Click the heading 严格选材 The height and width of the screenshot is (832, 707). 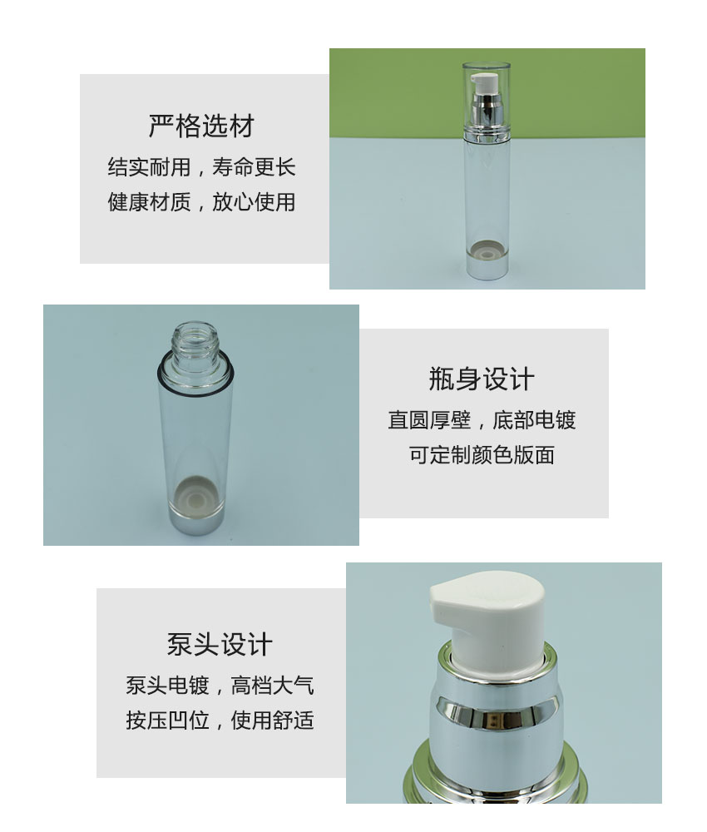(x=201, y=126)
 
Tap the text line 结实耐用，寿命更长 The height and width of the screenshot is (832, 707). (x=201, y=167)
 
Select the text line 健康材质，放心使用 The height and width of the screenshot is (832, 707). (x=201, y=202)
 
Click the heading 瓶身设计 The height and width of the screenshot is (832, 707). (x=482, y=379)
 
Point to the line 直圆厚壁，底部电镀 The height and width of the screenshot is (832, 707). (x=482, y=420)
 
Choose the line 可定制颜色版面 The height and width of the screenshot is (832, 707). (x=482, y=455)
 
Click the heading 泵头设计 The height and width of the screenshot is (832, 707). (x=220, y=644)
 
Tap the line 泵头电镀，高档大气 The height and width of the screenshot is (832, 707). (x=220, y=686)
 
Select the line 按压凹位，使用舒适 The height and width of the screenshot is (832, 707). (x=220, y=721)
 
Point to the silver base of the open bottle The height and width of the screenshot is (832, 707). (x=195, y=522)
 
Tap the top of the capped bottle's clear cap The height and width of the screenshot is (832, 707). (x=487, y=65)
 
